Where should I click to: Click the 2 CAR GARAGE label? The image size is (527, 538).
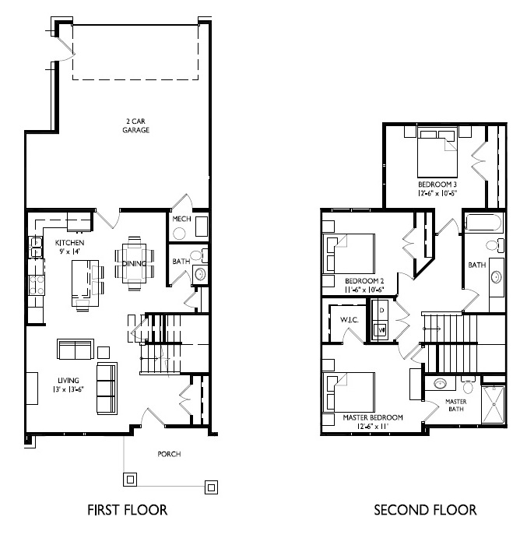pyautogui.click(x=136, y=125)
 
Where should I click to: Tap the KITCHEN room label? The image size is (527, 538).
pyautogui.click(x=69, y=243)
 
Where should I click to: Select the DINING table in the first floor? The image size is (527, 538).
pyautogui.click(x=134, y=263)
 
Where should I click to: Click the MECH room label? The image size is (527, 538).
pyautogui.click(x=181, y=219)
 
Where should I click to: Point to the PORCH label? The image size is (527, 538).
pyautogui.click(x=169, y=454)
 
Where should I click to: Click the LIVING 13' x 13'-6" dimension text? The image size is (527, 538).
pyautogui.click(x=69, y=389)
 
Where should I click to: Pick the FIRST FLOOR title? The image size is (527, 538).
pyautogui.click(x=128, y=510)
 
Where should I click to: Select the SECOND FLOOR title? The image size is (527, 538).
pyautogui.click(x=425, y=510)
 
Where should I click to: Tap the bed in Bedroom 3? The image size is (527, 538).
pyautogui.click(x=437, y=152)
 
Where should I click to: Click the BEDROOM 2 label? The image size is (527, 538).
pyautogui.click(x=364, y=281)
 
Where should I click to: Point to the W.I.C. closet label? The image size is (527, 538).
pyautogui.click(x=350, y=320)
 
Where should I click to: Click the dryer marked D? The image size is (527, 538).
pyautogui.click(x=381, y=311)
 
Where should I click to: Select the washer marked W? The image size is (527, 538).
pyautogui.click(x=381, y=330)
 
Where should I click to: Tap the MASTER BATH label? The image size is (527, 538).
pyautogui.click(x=456, y=405)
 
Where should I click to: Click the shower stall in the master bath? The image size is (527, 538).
pyautogui.click(x=494, y=405)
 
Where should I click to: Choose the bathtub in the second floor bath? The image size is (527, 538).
pyautogui.click(x=483, y=223)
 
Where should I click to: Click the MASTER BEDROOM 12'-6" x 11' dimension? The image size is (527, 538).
pyautogui.click(x=372, y=427)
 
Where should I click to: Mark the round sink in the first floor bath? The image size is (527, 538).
pyautogui.click(x=200, y=274)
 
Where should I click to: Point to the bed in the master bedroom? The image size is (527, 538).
pyautogui.click(x=349, y=392)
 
